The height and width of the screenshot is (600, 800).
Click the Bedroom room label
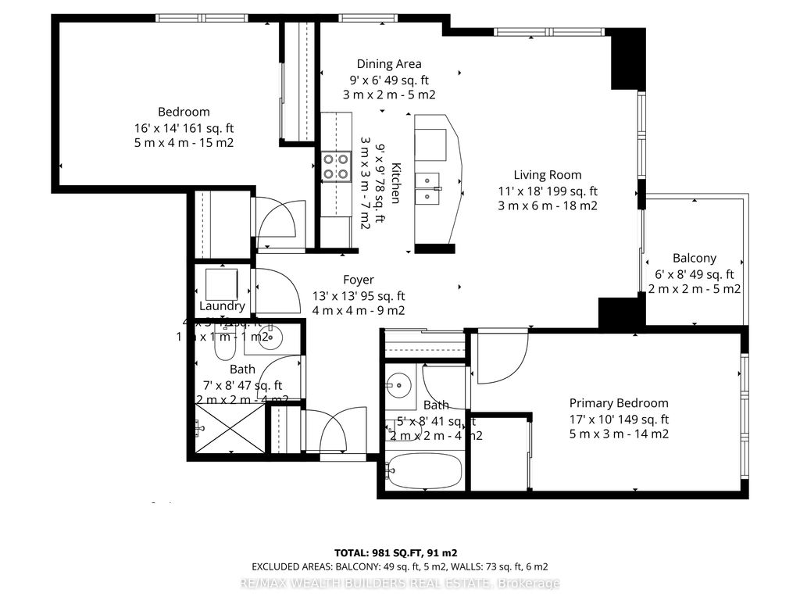tap(184, 112)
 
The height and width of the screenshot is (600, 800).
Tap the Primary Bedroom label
tap(618, 403)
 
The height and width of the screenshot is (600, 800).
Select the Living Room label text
tap(547, 175)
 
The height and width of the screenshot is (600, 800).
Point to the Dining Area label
tap(388, 64)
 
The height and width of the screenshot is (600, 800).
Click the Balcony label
tap(694, 258)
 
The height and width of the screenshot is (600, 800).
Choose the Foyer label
tap(359, 280)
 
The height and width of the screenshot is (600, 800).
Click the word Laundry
tap(222, 306)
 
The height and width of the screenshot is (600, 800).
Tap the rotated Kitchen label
tap(396, 183)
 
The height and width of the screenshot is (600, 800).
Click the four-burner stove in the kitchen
tap(336, 166)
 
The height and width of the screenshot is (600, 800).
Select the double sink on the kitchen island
tap(428, 188)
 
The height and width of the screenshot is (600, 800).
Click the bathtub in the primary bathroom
tap(424, 472)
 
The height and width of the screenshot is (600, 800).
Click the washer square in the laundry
tap(221, 282)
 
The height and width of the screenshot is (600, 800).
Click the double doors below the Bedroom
tap(279, 223)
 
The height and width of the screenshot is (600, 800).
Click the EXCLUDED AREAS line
tap(399, 566)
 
